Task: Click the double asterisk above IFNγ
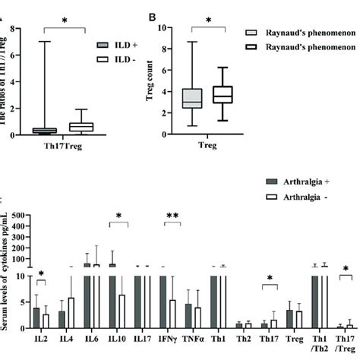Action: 173,217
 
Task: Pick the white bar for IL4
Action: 71,312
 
